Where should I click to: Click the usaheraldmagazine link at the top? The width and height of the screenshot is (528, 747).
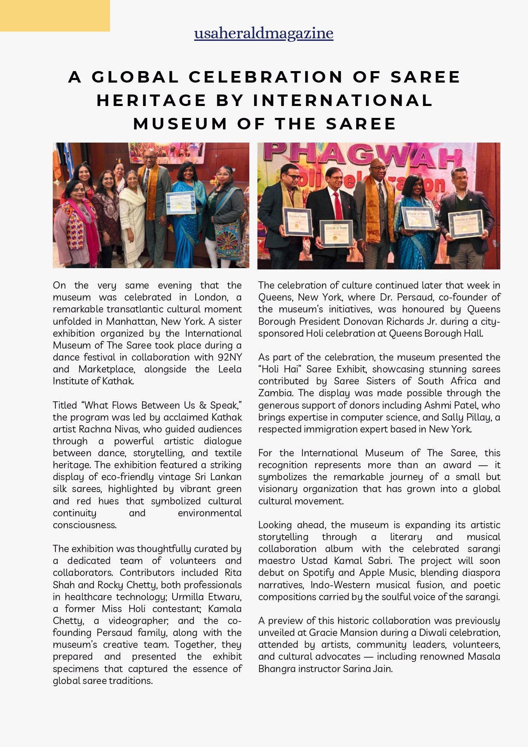[x=263, y=33]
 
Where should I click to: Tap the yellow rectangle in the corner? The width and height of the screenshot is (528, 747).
[x=54, y=15]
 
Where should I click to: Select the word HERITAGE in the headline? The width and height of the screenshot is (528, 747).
[x=151, y=100]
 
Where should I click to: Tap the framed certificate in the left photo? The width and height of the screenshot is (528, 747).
[x=180, y=202]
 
